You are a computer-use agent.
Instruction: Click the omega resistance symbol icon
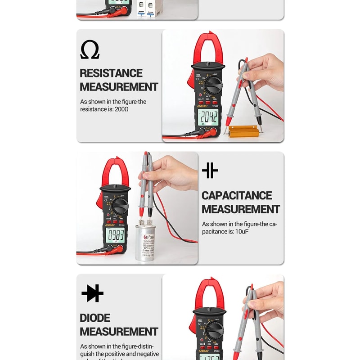tap(90, 49)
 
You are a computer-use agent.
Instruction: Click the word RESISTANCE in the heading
tap(111, 73)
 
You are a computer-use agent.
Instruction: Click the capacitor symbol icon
tap(210, 171)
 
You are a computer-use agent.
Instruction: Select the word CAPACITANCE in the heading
tap(237, 196)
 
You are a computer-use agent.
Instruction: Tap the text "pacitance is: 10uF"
tap(225, 231)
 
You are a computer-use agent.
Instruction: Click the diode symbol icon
tap(93, 293)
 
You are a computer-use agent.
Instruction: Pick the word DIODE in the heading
tap(95, 318)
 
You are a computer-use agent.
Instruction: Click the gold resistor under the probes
tap(243, 131)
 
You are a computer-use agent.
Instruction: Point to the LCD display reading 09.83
tap(115, 235)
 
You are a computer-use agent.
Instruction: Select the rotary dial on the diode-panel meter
tap(214, 330)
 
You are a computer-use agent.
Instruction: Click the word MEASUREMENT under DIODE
tap(119, 332)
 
